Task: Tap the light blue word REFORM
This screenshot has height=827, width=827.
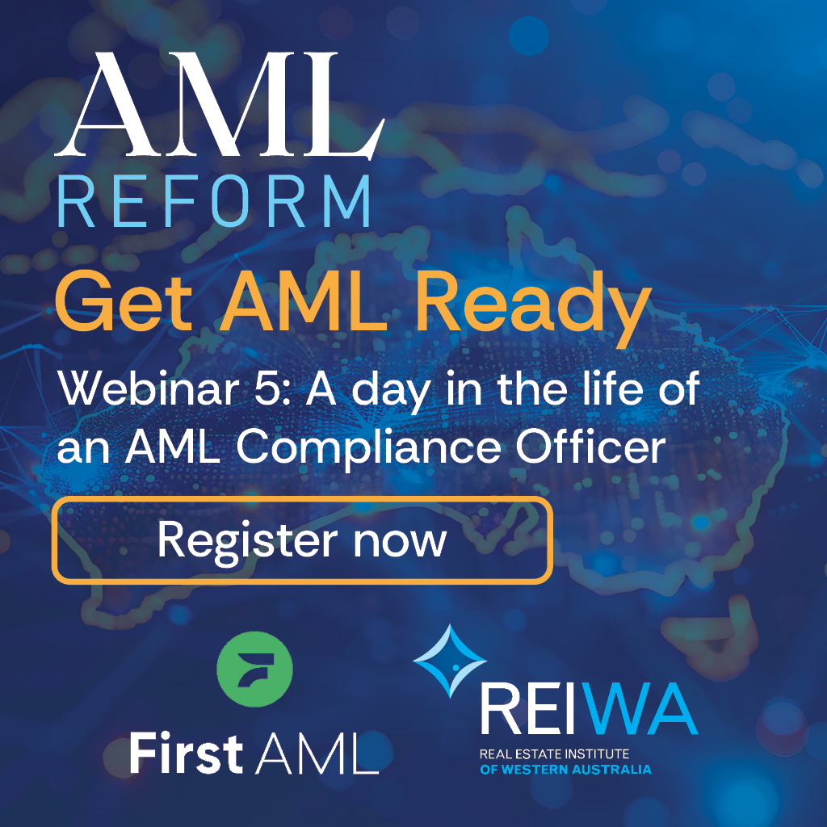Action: tap(213, 201)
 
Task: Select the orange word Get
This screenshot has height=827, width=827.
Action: tap(124, 302)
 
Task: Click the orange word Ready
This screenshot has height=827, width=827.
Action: tap(534, 309)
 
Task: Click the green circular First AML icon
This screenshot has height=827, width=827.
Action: tap(254, 670)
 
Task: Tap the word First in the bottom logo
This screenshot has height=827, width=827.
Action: tap(187, 753)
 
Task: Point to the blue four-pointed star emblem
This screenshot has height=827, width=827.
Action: tap(450, 661)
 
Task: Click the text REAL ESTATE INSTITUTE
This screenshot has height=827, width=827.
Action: tap(554, 754)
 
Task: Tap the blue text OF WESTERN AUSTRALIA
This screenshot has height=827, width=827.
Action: tap(565, 770)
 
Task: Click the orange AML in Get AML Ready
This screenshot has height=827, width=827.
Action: tap(304, 302)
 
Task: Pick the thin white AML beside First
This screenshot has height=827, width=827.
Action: tap(317, 754)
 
